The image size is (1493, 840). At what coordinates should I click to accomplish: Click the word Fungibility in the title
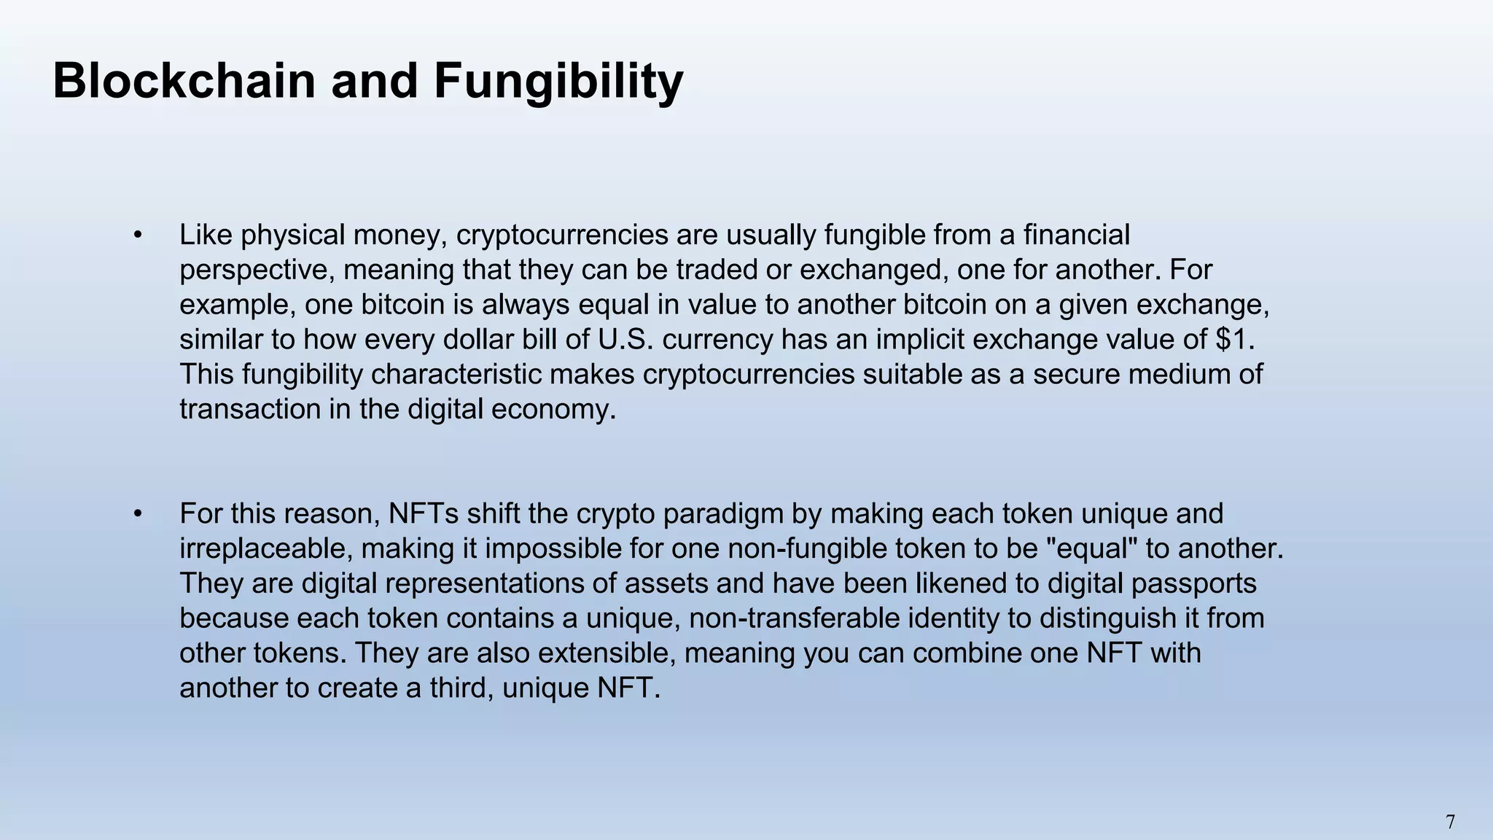[558, 81]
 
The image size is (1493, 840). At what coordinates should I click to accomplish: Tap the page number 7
[1450, 822]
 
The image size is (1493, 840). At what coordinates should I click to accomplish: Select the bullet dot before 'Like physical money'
[137, 236]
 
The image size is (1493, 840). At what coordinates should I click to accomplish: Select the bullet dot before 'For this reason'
[137, 514]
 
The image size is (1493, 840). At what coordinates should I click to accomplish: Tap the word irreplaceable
[265, 548]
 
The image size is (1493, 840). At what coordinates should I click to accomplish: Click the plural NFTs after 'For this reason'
[423, 514]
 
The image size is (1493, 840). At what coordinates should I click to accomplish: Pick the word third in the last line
[459, 688]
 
